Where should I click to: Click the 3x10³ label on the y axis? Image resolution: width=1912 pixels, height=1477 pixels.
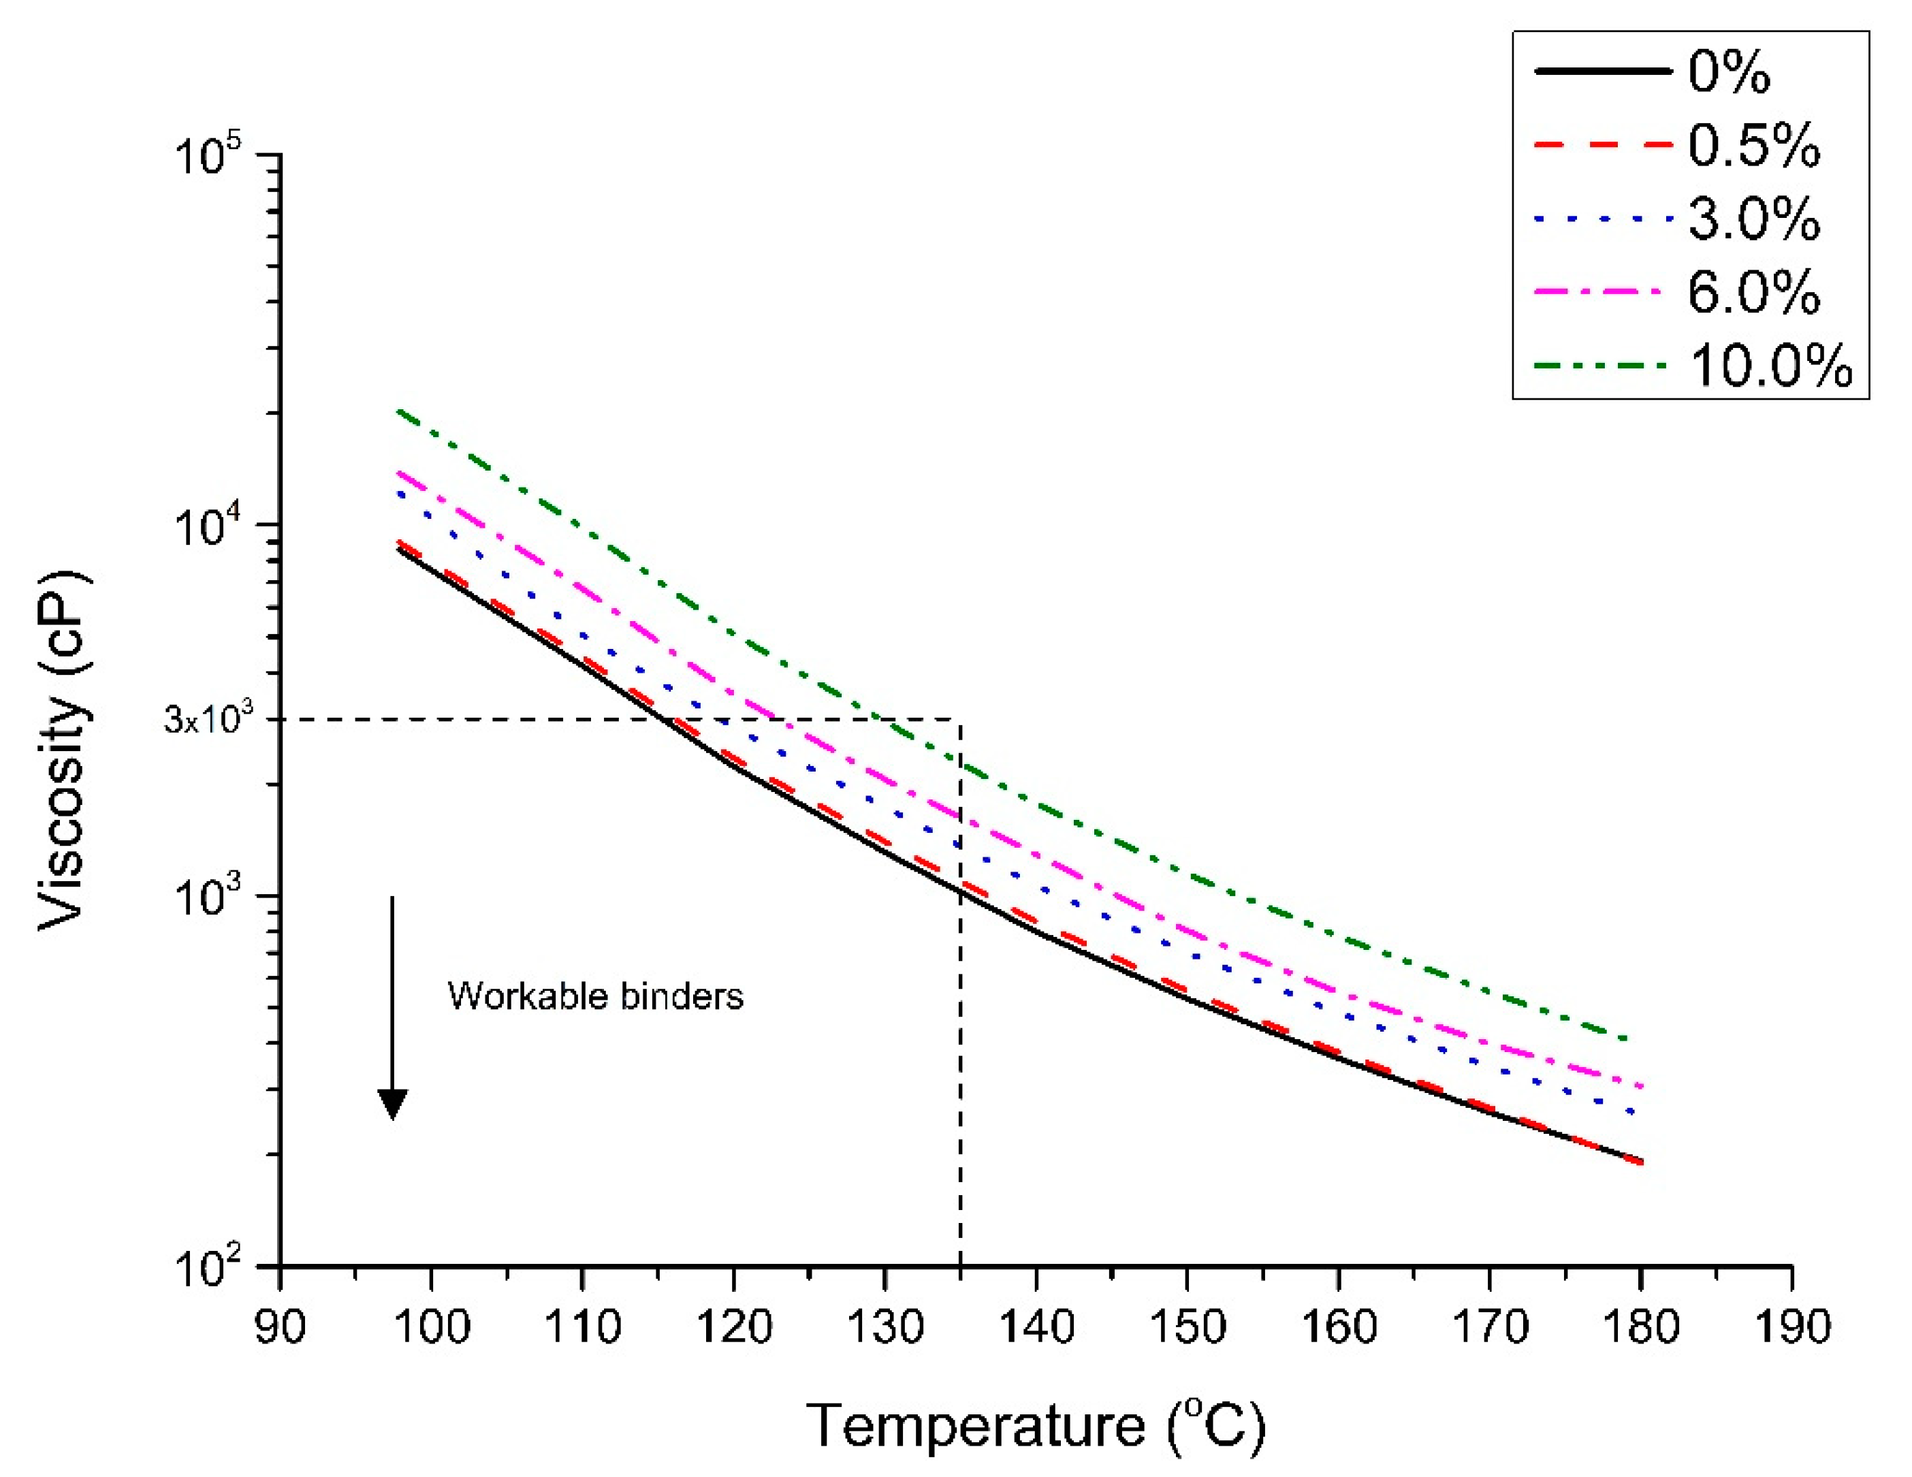208,720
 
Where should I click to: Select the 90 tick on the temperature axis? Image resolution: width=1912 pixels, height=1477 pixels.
280,1326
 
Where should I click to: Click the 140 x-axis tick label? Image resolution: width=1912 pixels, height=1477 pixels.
1036,1326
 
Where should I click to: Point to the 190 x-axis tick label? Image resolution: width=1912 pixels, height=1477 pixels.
1792,1326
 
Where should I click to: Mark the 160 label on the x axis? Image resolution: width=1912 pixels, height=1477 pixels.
1339,1326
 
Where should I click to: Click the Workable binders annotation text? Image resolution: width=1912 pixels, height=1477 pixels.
595,996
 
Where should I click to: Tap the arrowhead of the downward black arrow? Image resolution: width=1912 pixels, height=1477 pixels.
392,1105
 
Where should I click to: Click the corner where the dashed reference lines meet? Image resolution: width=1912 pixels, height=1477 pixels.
960,720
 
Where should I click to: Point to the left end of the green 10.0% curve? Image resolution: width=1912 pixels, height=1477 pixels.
399,411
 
